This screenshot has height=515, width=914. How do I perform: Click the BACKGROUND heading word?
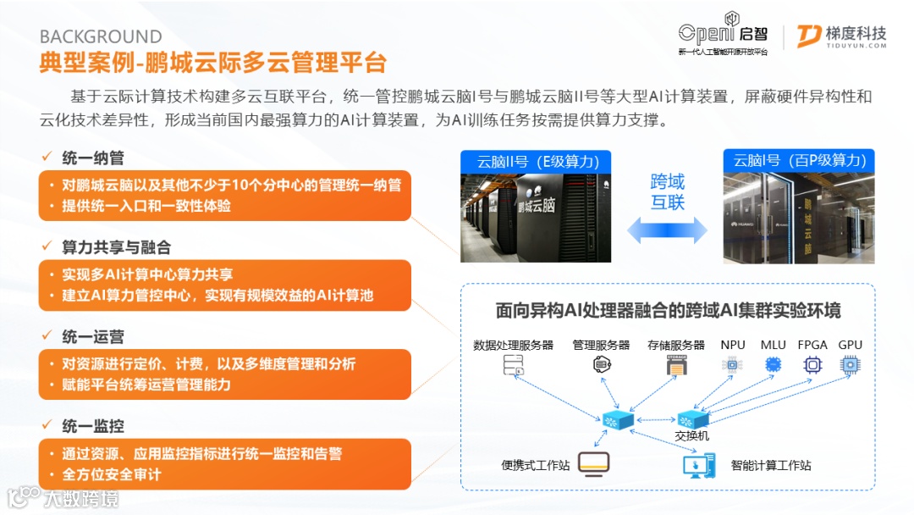[x=101, y=37]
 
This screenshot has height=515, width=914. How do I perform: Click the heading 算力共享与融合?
[x=117, y=247]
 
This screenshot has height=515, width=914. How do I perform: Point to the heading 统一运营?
[x=93, y=337]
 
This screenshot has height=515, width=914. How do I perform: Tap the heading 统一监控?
[x=93, y=426]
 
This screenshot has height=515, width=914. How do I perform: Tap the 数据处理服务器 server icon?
[x=513, y=365]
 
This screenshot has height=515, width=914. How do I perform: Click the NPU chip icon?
[x=731, y=365]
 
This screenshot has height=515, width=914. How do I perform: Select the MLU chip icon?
[x=773, y=365]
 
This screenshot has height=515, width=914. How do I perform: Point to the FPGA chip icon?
[x=812, y=365]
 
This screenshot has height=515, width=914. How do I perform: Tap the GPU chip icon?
[x=849, y=365]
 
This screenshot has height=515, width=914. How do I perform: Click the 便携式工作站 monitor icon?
[x=594, y=464]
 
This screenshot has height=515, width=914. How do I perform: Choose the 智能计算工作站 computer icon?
[x=699, y=464]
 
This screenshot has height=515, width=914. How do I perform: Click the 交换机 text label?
[x=691, y=435]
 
